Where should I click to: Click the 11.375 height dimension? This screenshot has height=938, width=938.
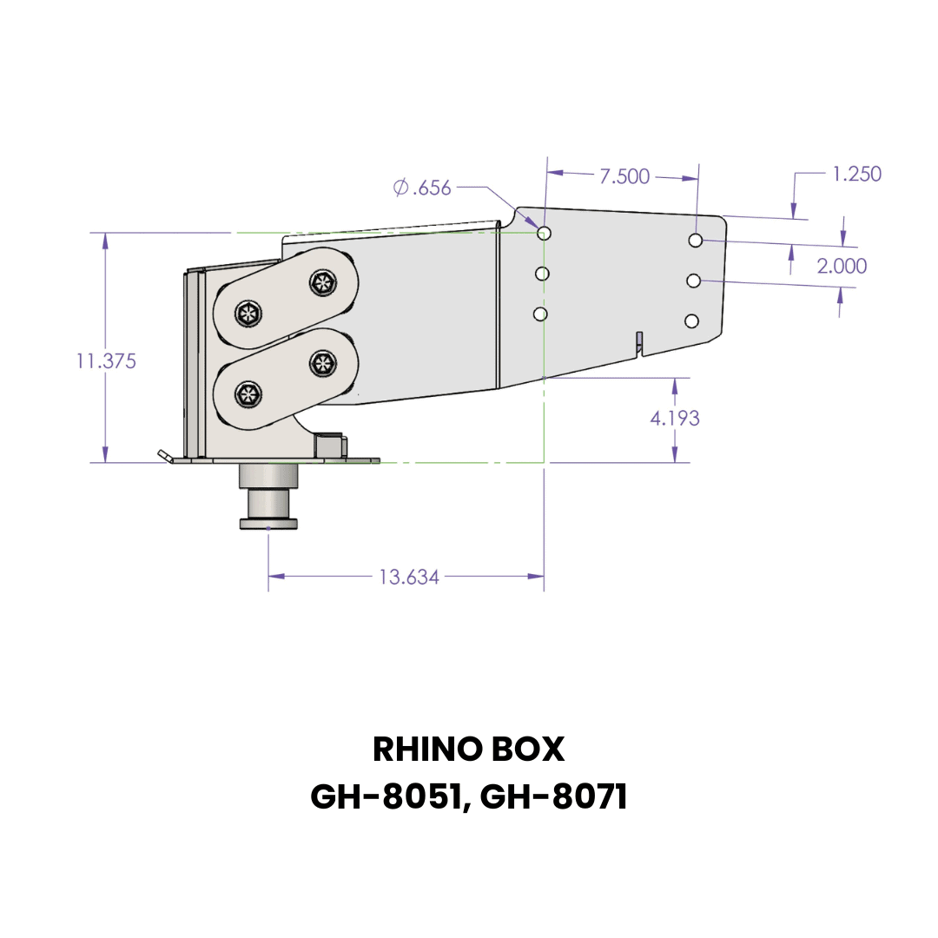[x=106, y=361]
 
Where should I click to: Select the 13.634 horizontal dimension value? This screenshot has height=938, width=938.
[x=408, y=577]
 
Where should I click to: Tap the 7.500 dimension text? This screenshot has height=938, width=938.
[x=624, y=176]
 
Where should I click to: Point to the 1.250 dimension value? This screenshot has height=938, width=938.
[x=856, y=174]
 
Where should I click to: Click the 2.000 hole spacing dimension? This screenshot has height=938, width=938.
[x=842, y=266]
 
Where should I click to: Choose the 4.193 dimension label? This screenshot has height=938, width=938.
[x=675, y=418]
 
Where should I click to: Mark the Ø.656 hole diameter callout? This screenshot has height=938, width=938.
[x=423, y=187]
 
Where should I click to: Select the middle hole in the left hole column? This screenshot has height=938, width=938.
[x=543, y=274]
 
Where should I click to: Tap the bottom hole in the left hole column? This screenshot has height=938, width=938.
[x=540, y=314]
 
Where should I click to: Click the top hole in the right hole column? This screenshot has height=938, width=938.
[x=696, y=240]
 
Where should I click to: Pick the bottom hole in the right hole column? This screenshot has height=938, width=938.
[x=691, y=321]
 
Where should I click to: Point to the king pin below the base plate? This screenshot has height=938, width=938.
[x=268, y=497]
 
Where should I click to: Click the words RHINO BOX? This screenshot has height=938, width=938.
[x=468, y=749]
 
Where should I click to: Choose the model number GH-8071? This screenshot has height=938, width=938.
[x=552, y=796]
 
